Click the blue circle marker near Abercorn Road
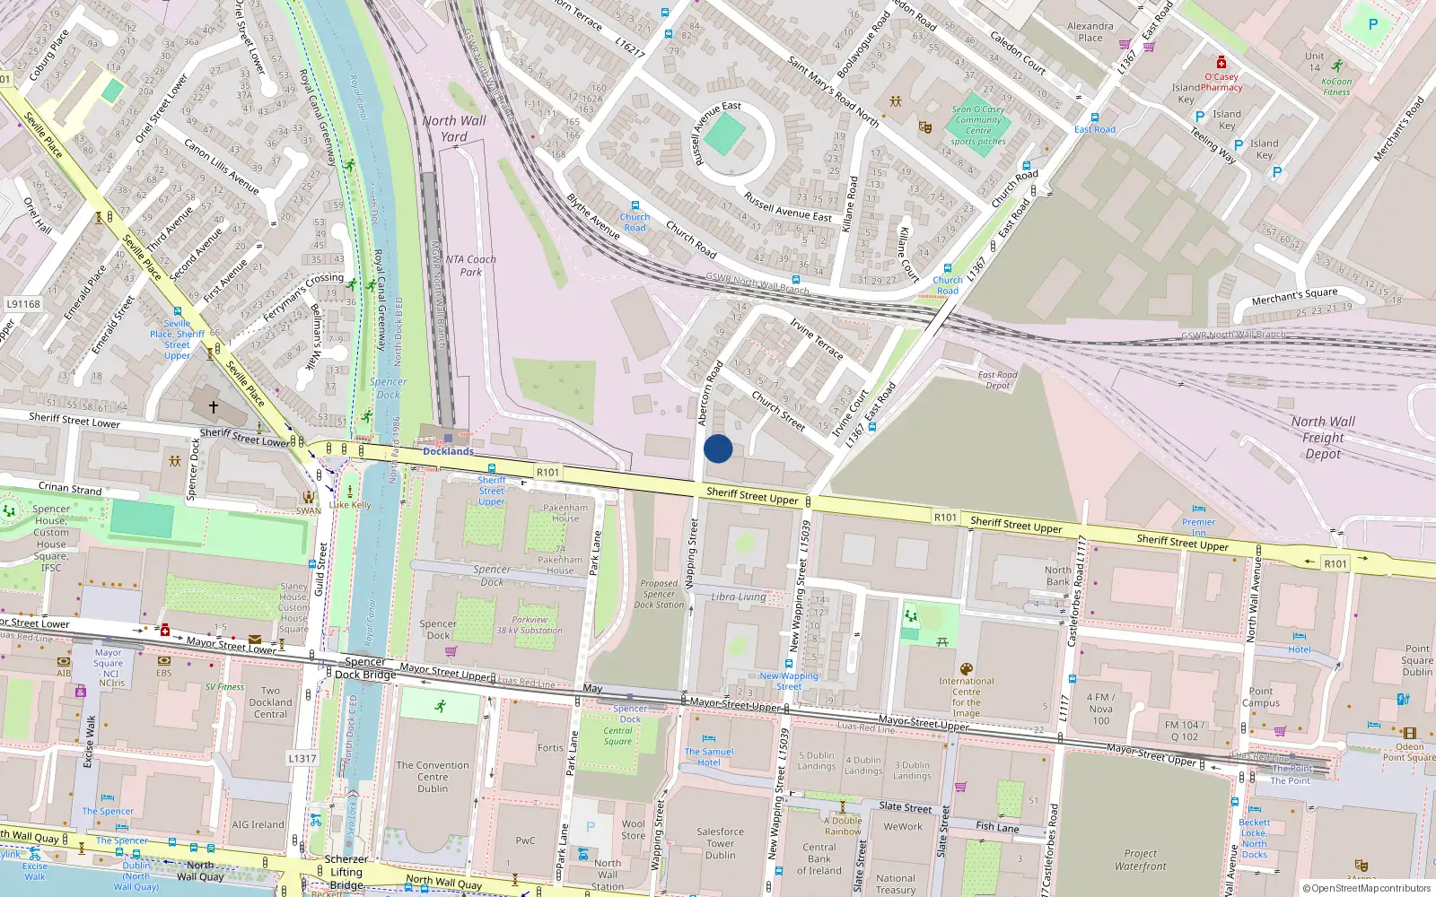click(718, 448)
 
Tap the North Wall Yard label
click(454, 128)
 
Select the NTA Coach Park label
click(470, 266)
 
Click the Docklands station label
click(448, 451)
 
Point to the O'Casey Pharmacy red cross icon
click(1221, 62)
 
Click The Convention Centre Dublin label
click(433, 777)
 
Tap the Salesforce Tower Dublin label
click(720, 843)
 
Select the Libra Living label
click(739, 597)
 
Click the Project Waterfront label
click(1141, 859)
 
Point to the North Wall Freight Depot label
click(1323, 438)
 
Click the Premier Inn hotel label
click(1198, 527)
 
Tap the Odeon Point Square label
click(1409, 752)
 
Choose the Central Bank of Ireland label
click(819, 858)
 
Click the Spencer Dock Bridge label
click(365, 668)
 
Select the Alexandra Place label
click(1090, 32)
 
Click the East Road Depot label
click(997, 380)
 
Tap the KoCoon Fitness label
click(1336, 86)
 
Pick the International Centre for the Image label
click(966, 697)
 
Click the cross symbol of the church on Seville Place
click(214, 406)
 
